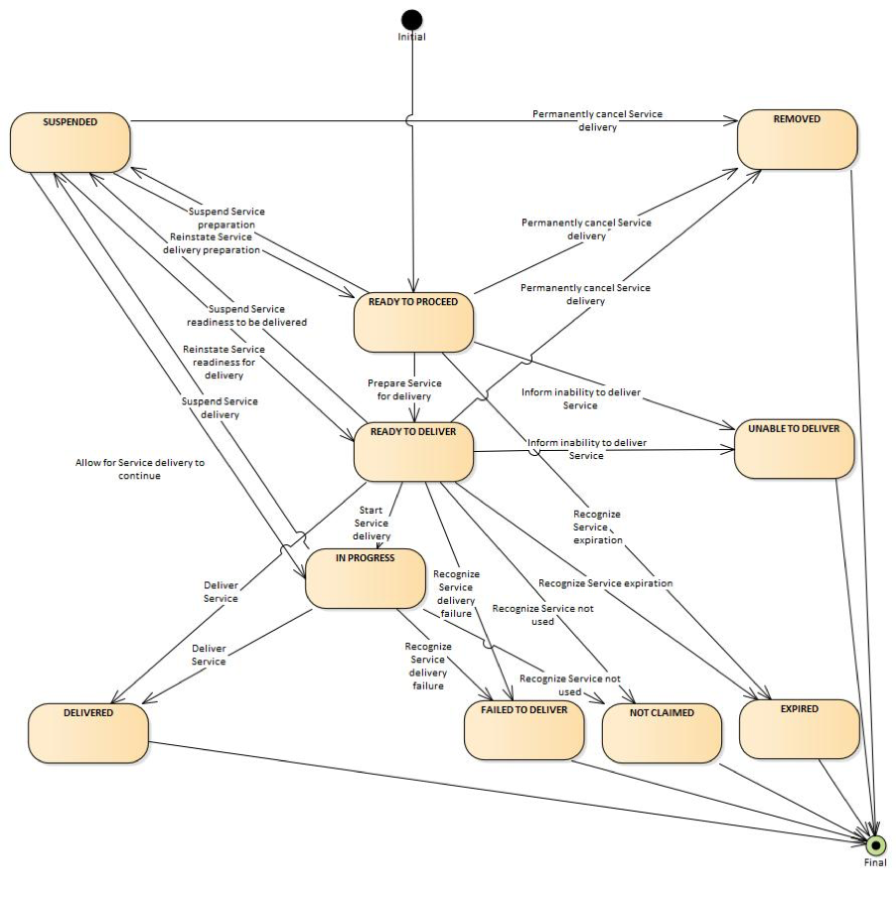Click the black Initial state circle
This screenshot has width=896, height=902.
click(x=412, y=20)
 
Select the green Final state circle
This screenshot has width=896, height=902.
click(x=875, y=845)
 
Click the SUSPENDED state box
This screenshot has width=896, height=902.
click(x=71, y=142)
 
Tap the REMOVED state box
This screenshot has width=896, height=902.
click(x=797, y=139)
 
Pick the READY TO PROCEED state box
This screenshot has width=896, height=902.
click(x=413, y=322)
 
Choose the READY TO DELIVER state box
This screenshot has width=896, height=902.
click(x=413, y=452)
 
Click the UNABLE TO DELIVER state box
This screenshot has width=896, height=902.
click(x=795, y=449)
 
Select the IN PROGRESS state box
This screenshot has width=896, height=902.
click(x=366, y=578)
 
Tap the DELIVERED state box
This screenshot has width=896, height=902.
click(x=88, y=733)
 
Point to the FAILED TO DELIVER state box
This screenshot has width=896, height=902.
click(x=523, y=730)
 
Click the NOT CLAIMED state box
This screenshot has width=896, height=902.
click(x=662, y=733)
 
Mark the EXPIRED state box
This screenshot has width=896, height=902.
click(x=800, y=729)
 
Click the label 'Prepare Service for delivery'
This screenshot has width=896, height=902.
click(x=404, y=389)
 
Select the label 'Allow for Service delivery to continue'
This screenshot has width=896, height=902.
click(x=140, y=469)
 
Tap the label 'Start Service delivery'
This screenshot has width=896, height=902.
click(x=372, y=523)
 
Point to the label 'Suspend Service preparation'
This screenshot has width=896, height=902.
click(x=226, y=218)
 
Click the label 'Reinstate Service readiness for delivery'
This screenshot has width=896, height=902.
click(x=224, y=362)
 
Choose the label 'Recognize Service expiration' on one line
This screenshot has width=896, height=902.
click(x=606, y=583)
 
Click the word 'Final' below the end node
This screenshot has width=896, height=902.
click(x=875, y=862)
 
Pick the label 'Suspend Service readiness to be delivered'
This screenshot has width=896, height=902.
click(x=246, y=315)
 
